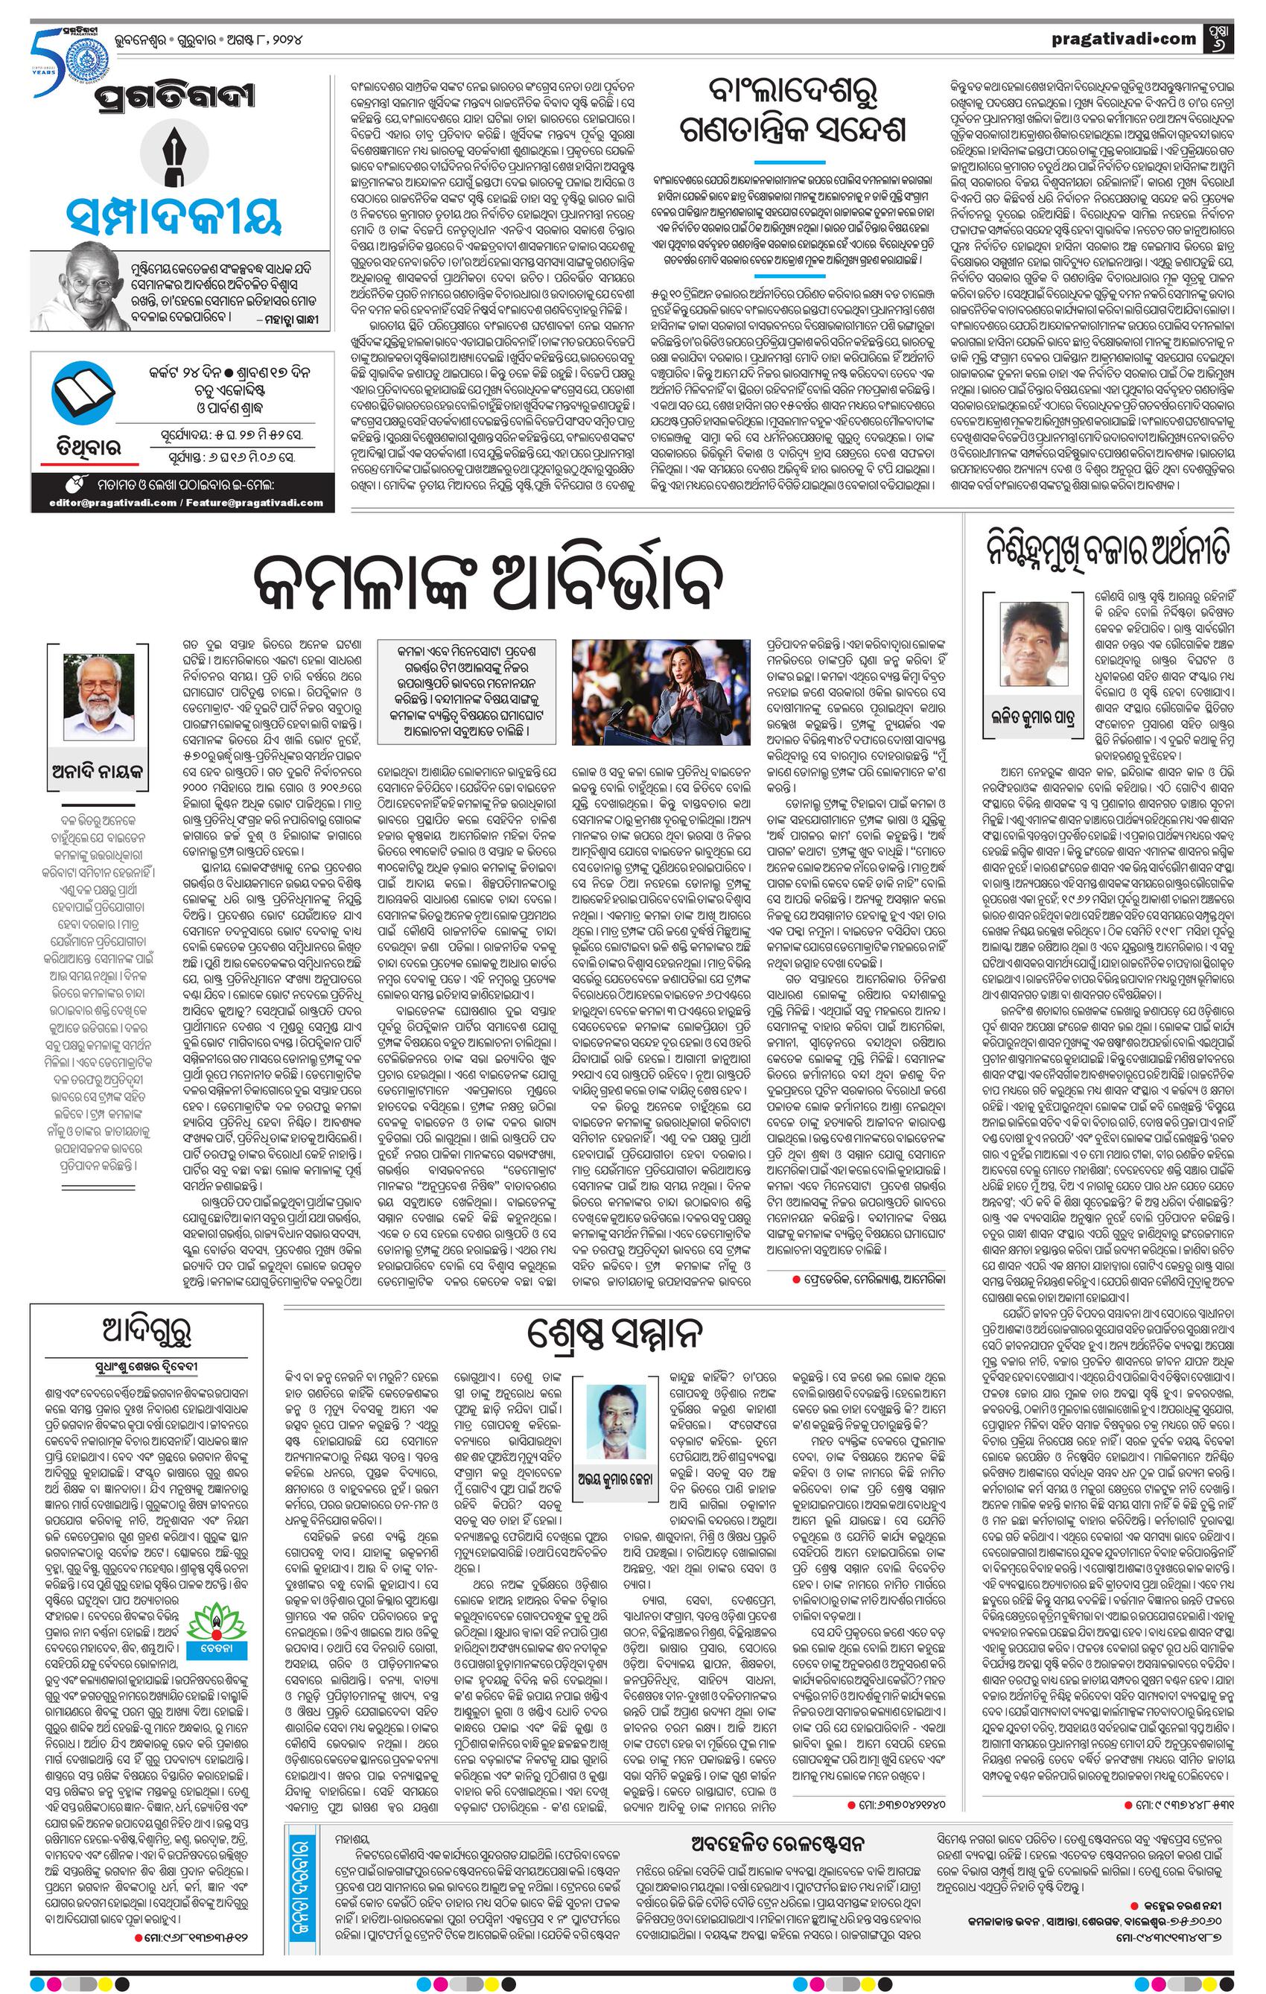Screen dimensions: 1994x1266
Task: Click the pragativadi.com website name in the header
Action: click(x=1124, y=38)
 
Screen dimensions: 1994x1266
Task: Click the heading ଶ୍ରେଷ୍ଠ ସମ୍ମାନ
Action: click(x=615, y=1333)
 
